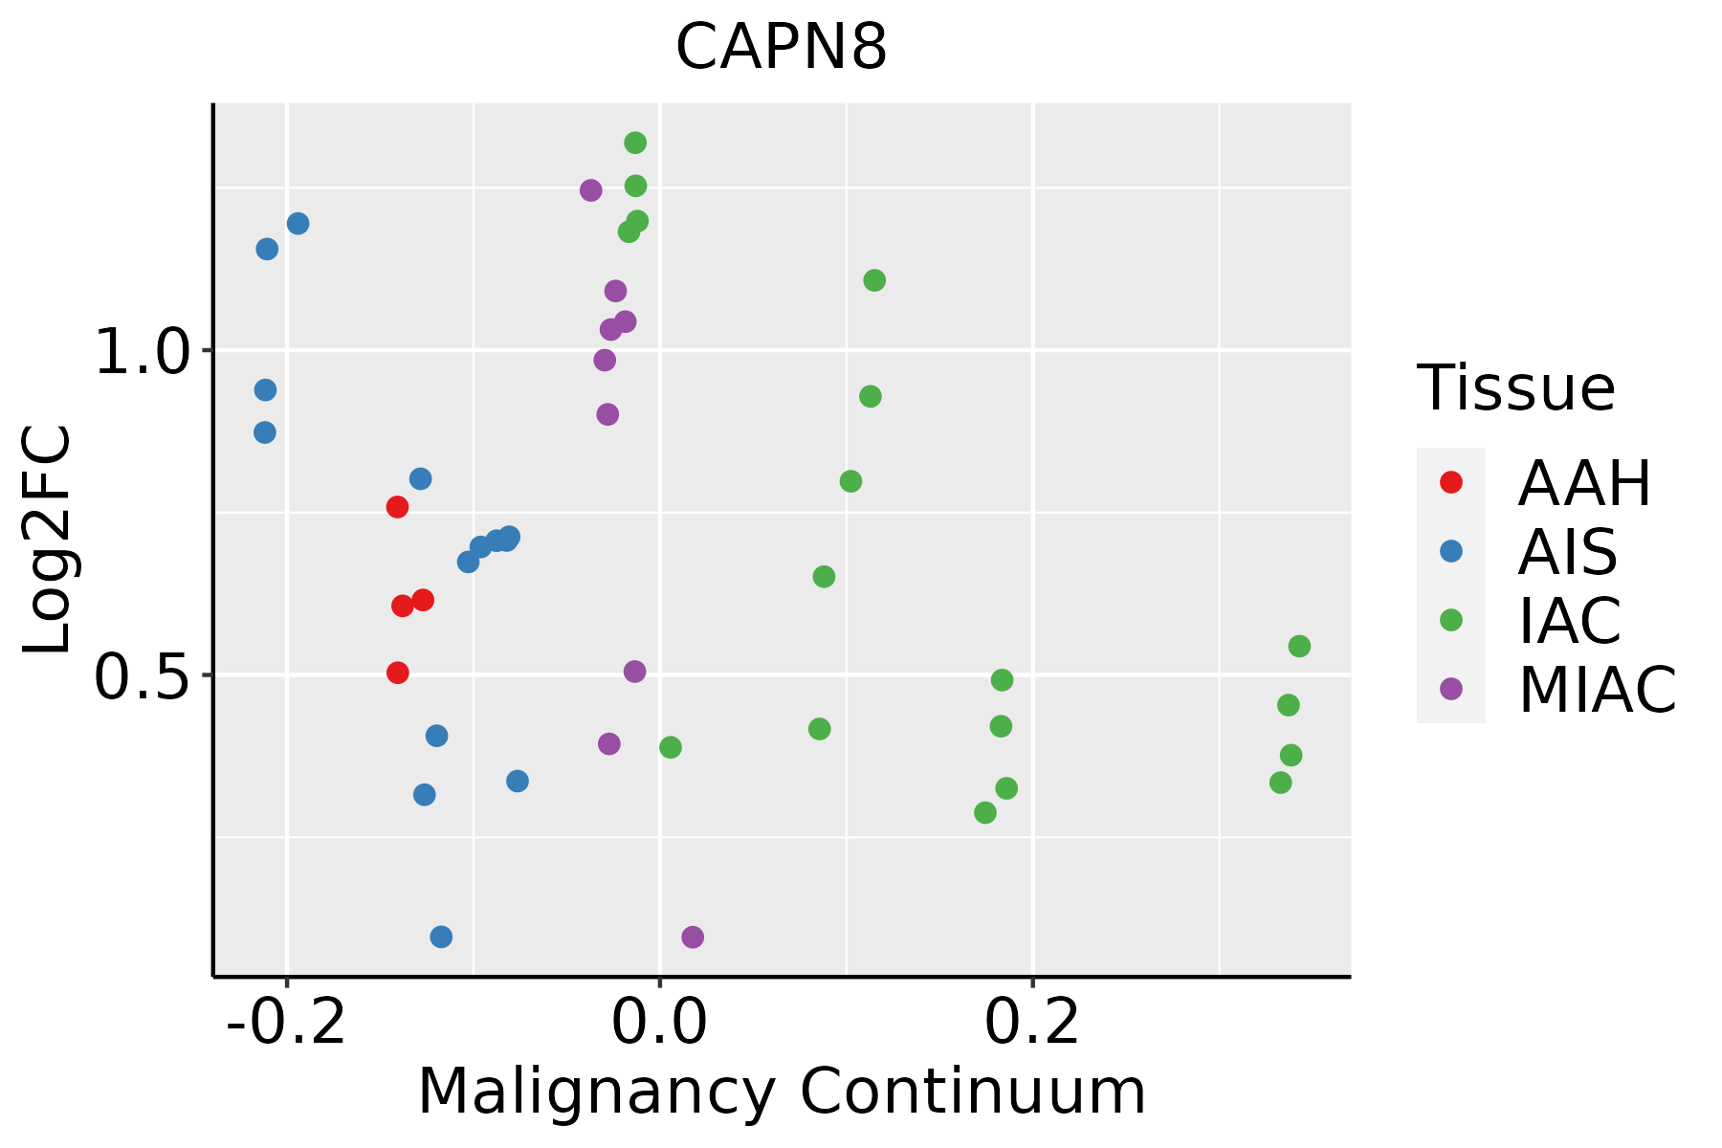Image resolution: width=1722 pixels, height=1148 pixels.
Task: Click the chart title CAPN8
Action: [x=782, y=48]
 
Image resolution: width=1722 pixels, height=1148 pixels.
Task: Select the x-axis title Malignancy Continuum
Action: [x=782, y=1092]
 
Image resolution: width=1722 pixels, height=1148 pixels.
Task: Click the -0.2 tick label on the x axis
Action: [x=286, y=1023]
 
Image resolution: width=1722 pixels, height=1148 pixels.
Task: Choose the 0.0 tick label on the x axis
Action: [x=659, y=1023]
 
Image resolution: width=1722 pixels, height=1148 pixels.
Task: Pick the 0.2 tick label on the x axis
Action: [x=1032, y=1023]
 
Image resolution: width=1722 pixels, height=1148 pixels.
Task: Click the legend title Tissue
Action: [x=1516, y=388]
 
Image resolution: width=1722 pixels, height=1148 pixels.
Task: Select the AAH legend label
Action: [x=1584, y=483]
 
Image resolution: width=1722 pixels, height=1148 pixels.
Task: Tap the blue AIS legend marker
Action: [x=1451, y=551]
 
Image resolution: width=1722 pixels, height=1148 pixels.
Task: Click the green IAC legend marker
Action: [x=1451, y=620]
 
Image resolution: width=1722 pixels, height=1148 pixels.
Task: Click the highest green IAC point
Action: [x=635, y=143]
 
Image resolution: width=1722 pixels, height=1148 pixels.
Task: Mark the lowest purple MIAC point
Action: [x=693, y=937]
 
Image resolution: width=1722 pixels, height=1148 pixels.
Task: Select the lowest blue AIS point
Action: [x=441, y=937]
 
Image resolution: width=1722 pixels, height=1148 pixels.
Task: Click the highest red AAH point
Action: [x=397, y=507]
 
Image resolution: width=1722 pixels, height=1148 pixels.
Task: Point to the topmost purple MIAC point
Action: [x=591, y=190]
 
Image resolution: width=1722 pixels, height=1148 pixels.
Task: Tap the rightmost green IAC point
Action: [x=1299, y=647]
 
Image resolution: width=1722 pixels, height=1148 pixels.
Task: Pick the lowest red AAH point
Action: [x=398, y=673]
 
